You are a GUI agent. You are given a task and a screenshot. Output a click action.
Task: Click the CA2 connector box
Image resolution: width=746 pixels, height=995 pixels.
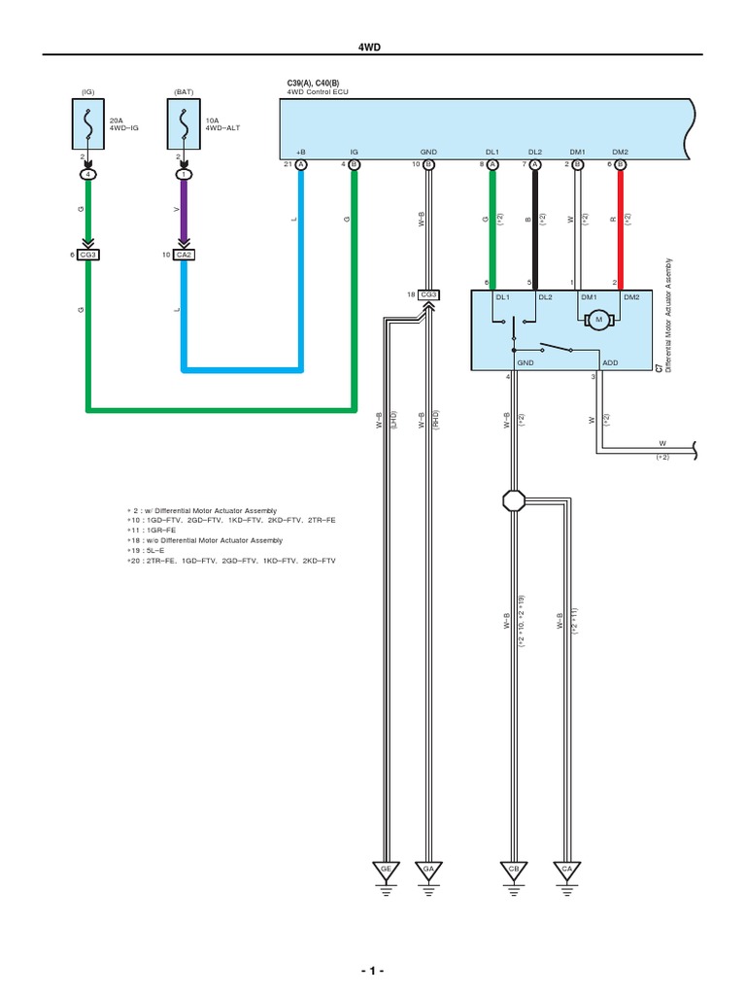coord(184,255)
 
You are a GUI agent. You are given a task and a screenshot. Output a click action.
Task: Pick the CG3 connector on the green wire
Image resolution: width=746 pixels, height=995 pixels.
coord(88,255)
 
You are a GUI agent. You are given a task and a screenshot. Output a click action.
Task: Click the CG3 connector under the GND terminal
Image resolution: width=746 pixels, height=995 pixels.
coord(429,294)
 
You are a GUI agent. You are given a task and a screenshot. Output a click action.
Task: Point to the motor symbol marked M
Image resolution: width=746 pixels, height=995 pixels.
coord(599,319)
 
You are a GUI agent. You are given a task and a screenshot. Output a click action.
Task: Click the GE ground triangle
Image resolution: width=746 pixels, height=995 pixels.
coord(387,868)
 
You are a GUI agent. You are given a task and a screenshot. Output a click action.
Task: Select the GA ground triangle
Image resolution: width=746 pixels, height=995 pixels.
coord(428,868)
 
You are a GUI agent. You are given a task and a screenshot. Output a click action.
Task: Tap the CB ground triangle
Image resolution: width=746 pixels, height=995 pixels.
coord(513,868)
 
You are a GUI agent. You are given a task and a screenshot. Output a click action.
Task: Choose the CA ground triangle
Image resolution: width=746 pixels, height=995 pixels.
coord(565,868)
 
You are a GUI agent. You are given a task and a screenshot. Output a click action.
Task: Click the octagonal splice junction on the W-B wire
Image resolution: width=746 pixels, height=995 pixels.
coord(513,501)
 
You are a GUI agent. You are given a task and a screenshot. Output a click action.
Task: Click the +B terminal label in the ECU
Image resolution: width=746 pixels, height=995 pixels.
coord(301,153)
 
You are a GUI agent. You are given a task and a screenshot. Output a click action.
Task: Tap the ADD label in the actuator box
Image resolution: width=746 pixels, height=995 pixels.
coord(610,362)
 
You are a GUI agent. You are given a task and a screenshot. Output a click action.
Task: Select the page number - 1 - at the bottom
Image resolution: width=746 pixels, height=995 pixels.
coord(373,972)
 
